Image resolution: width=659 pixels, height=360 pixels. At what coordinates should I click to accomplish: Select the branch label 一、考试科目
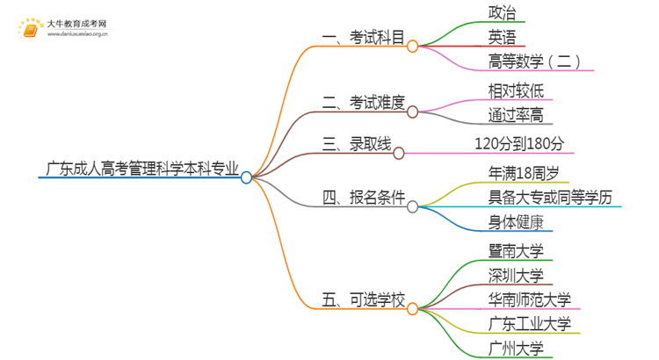pyautogui.click(x=364, y=38)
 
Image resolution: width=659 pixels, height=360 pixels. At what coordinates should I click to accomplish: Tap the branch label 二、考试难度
pyautogui.click(x=364, y=103)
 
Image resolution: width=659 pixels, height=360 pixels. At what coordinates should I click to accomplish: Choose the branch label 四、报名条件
pyautogui.click(x=364, y=198)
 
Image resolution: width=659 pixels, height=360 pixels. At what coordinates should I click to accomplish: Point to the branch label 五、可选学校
pyautogui.click(x=364, y=301)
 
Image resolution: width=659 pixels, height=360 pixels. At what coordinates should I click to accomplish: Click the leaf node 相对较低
pyautogui.click(x=520, y=90)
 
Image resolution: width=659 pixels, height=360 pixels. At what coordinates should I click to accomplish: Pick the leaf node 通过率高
pyautogui.click(x=520, y=115)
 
